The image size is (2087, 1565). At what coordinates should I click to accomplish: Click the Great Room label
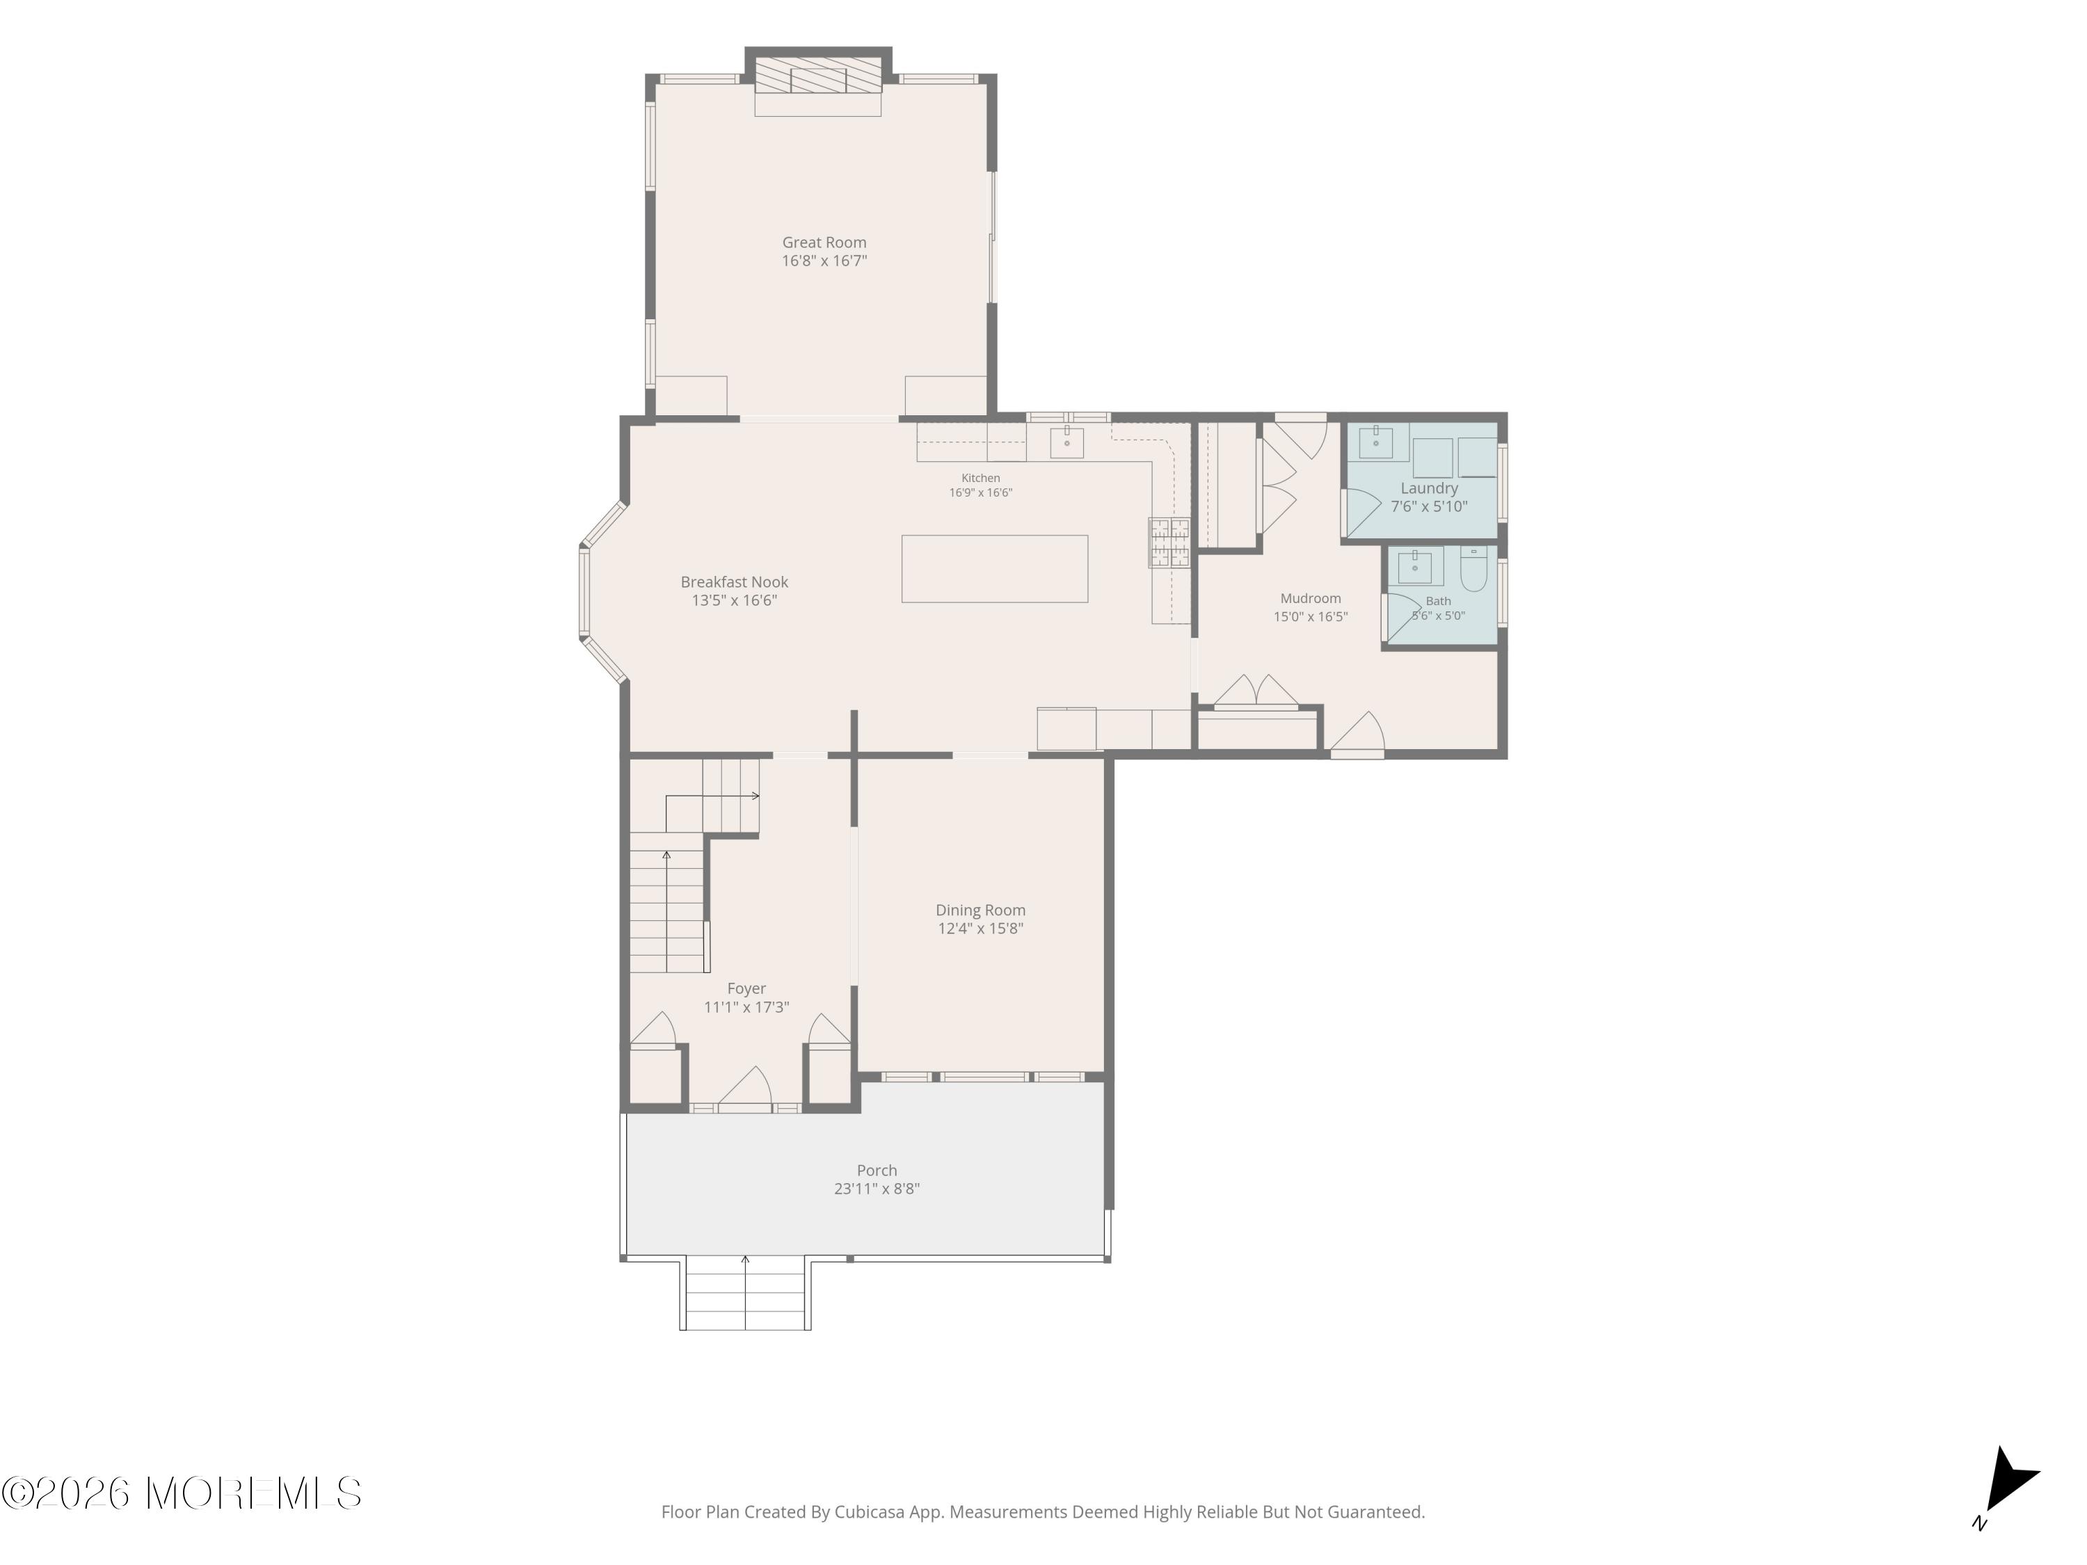coord(824,243)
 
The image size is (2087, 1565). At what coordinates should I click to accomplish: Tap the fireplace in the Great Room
coord(818,74)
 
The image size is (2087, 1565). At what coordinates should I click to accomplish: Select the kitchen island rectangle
coord(994,569)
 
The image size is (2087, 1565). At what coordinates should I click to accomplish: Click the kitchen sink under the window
coord(1067,442)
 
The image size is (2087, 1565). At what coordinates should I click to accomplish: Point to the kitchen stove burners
coord(1169,543)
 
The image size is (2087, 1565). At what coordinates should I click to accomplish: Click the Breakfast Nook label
coord(734,582)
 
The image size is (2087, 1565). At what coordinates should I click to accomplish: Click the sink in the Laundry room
coord(1375,442)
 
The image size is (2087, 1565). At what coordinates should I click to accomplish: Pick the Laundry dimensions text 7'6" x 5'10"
coord(1430,506)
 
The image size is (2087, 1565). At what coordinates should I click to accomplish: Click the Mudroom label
coord(1311,598)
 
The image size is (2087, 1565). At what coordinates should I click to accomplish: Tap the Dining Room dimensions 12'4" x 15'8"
coord(980,929)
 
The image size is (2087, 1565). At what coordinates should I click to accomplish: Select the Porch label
coord(877,1170)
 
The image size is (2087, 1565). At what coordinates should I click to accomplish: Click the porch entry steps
coord(745,1294)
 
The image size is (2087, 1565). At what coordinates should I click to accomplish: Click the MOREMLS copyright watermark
coord(181,1493)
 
